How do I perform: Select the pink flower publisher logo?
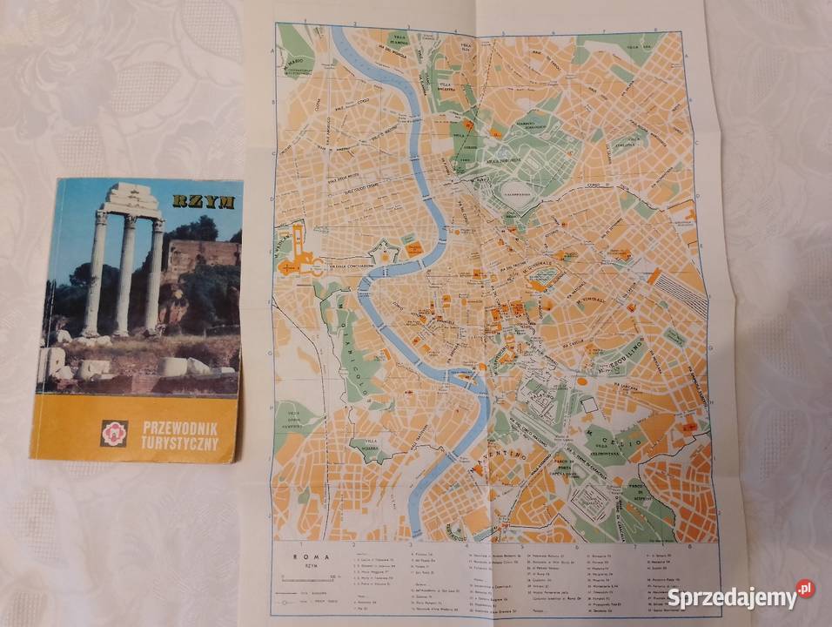[114, 433]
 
